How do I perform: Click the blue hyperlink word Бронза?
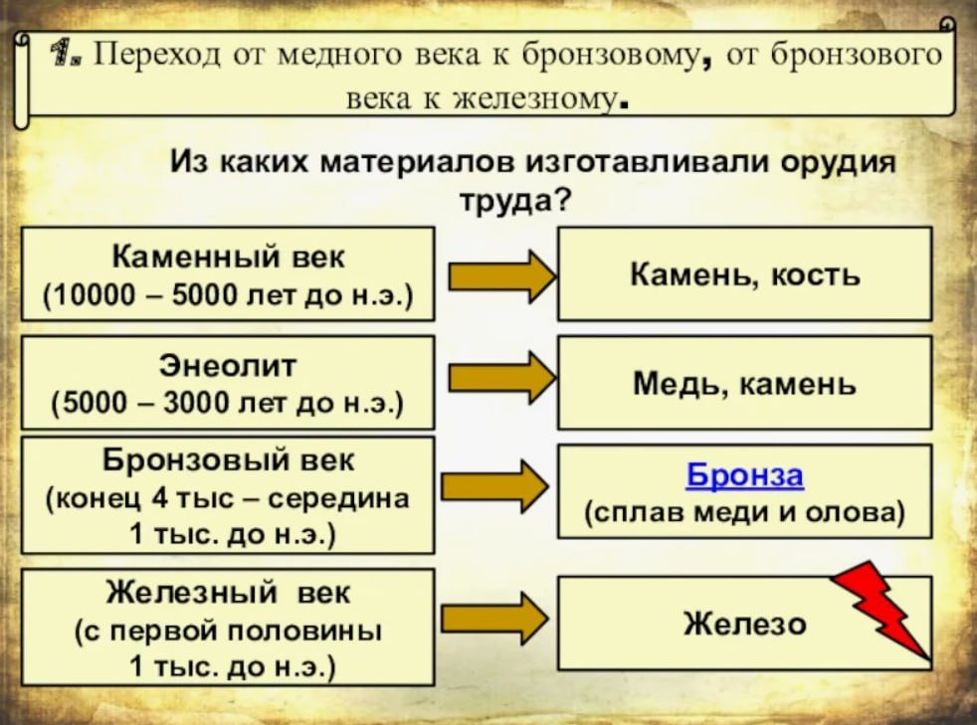point(744,475)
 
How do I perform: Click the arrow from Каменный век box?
point(502,276)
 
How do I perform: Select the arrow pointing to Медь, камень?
point(502,377)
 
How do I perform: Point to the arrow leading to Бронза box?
point(494,486)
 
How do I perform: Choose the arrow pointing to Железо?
point(494,619)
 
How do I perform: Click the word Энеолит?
point(228,366)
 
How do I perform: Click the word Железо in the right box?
point(744,624)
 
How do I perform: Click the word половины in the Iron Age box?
point(303,632)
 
